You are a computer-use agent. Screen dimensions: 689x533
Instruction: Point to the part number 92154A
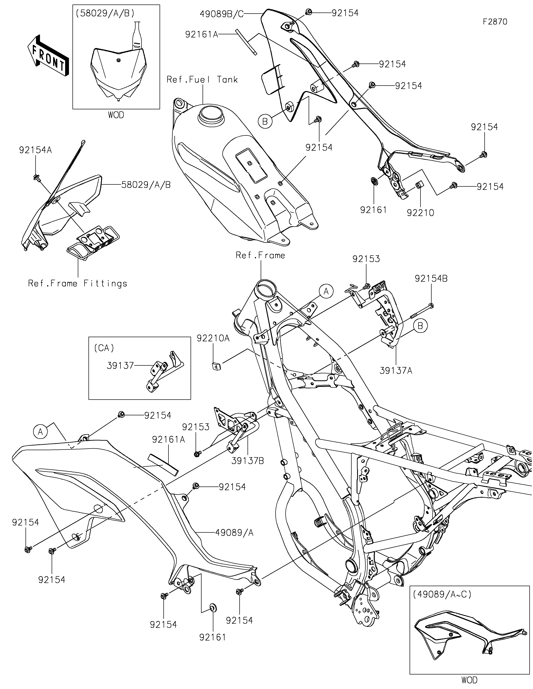point(35,150)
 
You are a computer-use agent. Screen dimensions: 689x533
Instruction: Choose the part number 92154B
point(431,278)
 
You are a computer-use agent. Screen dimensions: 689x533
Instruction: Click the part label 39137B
point(248,461)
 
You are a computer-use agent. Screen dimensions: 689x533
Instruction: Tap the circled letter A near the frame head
point(326,291)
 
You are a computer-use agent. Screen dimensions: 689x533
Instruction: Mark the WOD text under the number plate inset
point(116,115)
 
